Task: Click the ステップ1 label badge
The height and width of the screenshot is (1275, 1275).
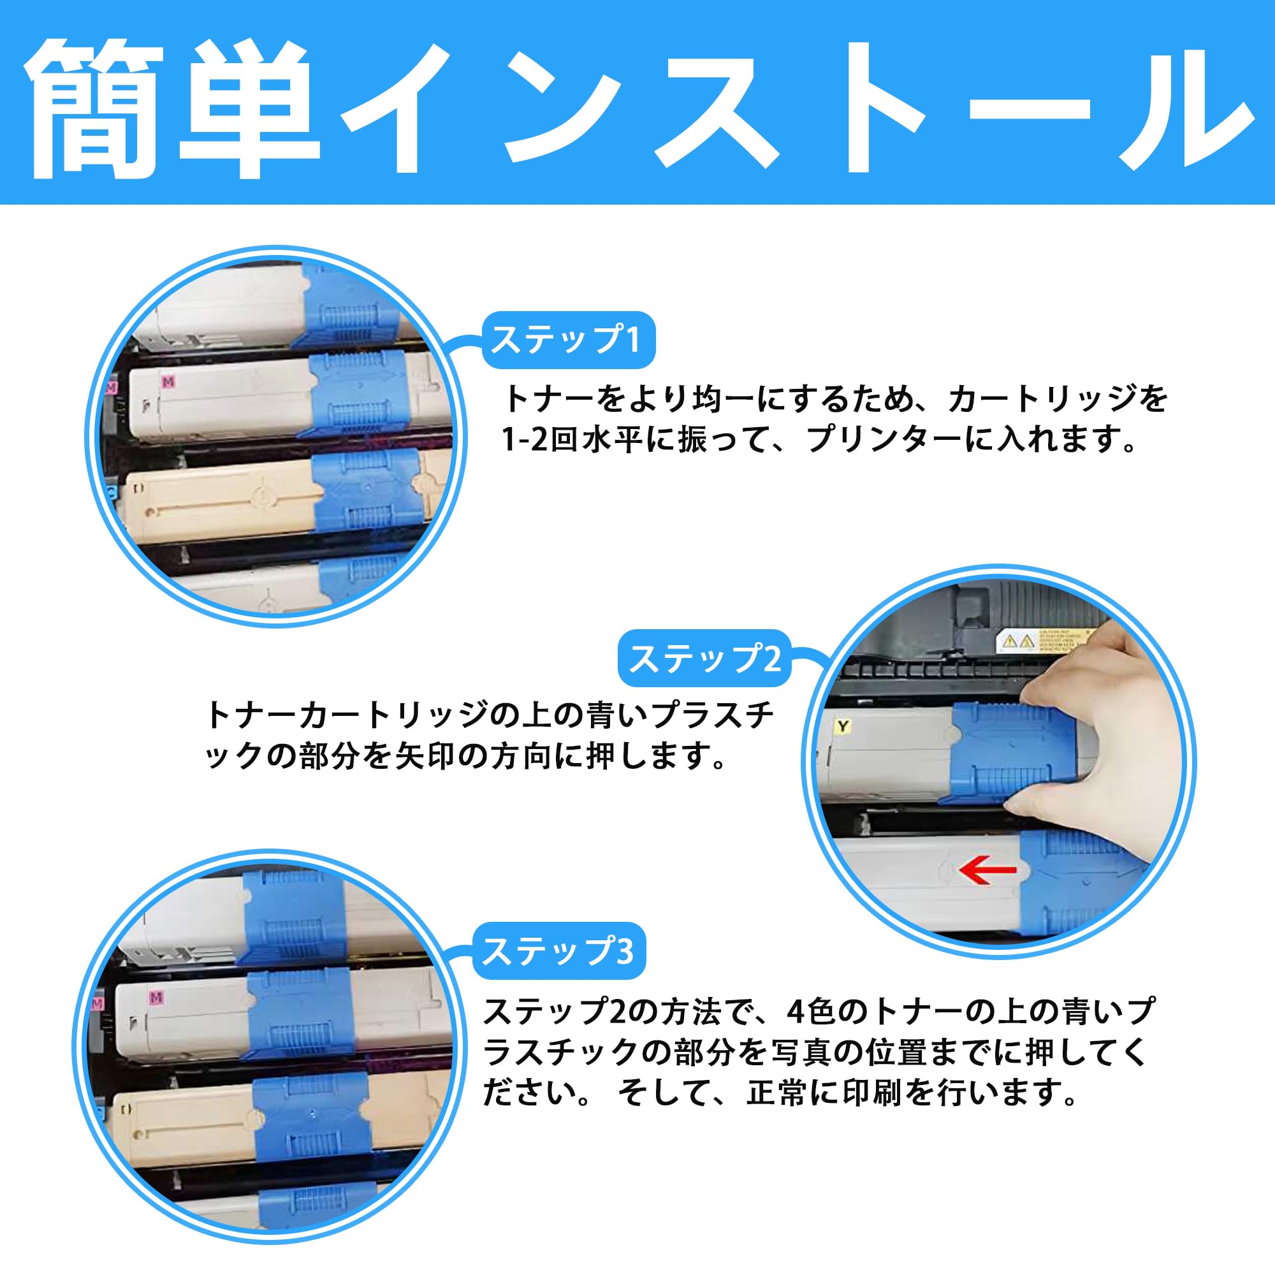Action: pos(568,340)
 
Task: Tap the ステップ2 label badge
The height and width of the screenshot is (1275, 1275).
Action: pos(704,659)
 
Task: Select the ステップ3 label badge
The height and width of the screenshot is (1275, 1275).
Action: pos(559,951)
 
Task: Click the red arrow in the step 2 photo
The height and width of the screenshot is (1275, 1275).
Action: pos(987,870)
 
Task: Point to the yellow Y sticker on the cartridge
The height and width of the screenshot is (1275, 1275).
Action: pos(843,727)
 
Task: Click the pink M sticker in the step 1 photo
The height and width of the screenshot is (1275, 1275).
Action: pos(168,381)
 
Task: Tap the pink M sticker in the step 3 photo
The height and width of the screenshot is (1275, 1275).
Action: pos(156,997)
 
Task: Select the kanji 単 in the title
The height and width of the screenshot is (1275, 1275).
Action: pos(247,109)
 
